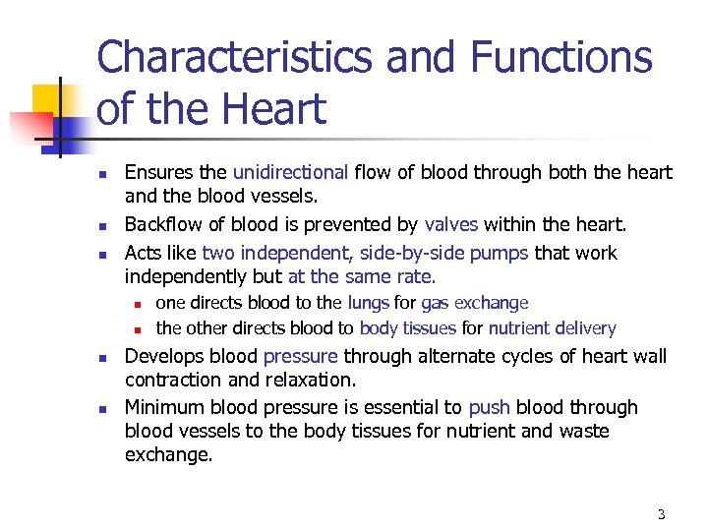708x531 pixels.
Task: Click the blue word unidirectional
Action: coord(290,173)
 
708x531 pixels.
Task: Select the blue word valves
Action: coord(450,225)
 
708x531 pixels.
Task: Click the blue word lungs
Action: coord(369,303)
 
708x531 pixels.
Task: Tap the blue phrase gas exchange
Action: coord(474,303)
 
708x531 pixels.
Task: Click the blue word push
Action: coord(489,407)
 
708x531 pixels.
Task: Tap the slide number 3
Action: coord(661,514)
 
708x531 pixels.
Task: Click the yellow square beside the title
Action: coord(47,99)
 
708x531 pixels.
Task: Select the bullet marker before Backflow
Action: coord(101,227)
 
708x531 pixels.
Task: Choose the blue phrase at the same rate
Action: coord(362,276)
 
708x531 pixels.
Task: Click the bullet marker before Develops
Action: coord(101,358)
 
